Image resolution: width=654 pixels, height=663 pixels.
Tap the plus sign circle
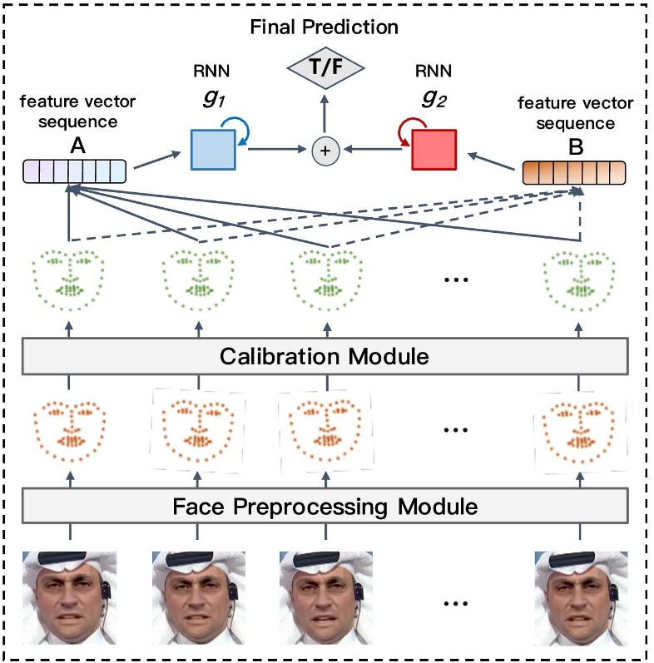point(325,151)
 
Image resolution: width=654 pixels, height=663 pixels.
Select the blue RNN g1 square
point(213,150)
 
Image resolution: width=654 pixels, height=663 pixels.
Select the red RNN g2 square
point(434,150)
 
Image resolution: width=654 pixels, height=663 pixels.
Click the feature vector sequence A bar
point(74,171)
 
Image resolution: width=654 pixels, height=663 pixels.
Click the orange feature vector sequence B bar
point(573,172)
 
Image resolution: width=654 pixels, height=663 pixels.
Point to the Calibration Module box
point(325,357)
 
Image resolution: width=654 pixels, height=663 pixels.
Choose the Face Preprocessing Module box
point(325,505)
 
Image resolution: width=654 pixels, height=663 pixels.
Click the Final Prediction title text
point(325,27)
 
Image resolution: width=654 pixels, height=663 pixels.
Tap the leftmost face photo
point(71,587)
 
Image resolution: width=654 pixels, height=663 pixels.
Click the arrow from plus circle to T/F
point(325,115)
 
